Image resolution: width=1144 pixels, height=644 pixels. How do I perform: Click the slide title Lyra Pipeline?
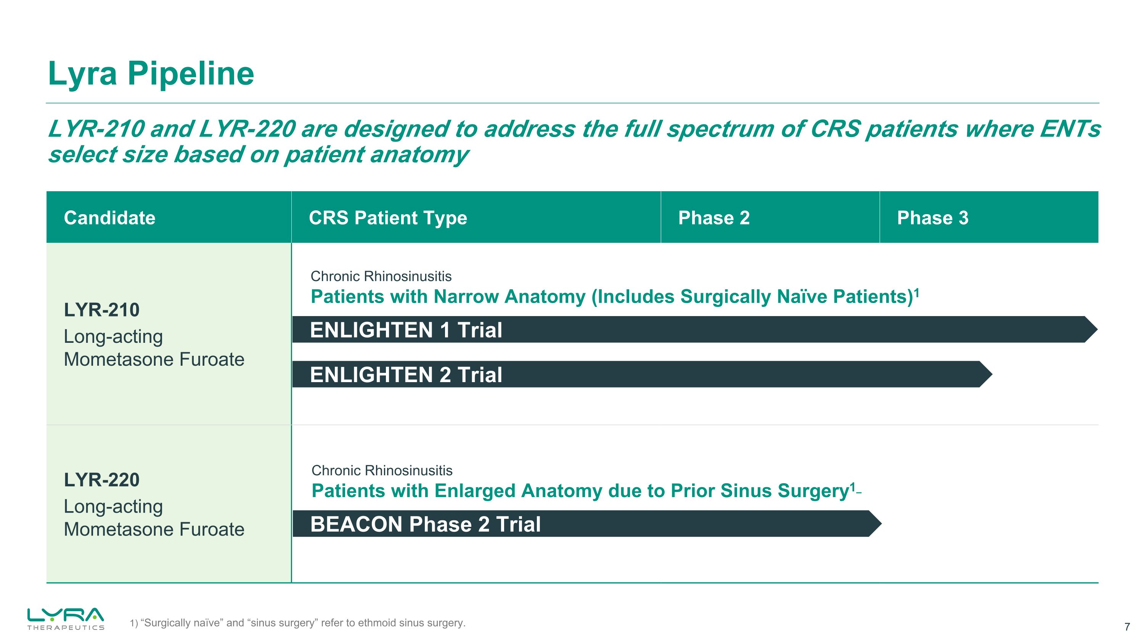tap(151, 73)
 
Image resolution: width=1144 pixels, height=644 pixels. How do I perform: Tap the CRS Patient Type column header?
tap(388, 218)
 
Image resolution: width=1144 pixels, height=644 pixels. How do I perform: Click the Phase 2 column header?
tap(714, 218)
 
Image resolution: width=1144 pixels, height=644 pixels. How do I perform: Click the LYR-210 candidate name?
tap(102, 310)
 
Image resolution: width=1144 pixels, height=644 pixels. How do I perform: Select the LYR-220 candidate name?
tap(102, 480)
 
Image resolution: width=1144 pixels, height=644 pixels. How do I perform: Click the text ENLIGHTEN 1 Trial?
tap(406, 330)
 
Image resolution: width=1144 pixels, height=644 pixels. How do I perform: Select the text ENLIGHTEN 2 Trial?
tap(406, 374)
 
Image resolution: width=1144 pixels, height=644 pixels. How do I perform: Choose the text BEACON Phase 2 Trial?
tap(426, 524)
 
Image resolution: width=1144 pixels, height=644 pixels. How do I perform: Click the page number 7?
tap(1127, 627)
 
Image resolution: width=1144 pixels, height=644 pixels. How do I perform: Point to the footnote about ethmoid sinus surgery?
tap(297, 623)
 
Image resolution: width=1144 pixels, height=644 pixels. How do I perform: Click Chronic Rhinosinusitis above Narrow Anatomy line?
tap(381, 276)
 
